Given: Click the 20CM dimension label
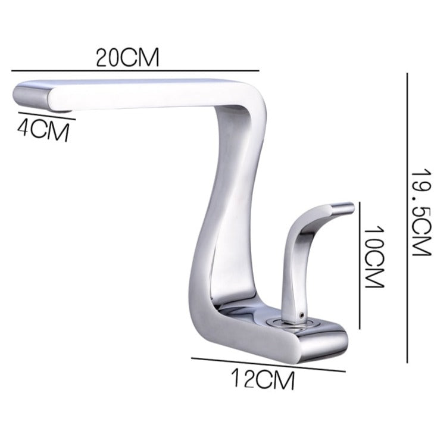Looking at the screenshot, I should click(x=129, y=58).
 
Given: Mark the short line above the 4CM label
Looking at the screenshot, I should click(x=46, y=115).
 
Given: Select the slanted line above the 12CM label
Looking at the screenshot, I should click(x=268, y=364).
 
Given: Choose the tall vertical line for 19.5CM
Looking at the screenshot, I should click(x=407, y=217).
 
